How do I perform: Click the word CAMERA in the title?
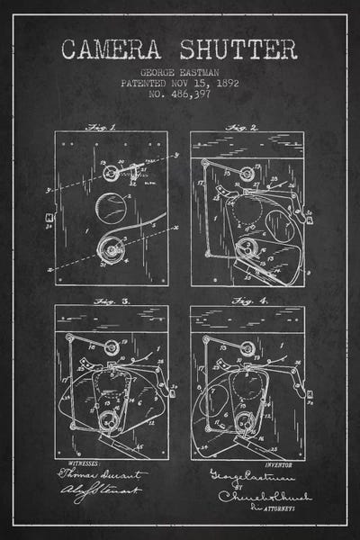(113, 48)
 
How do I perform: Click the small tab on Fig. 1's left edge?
(47, 217)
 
